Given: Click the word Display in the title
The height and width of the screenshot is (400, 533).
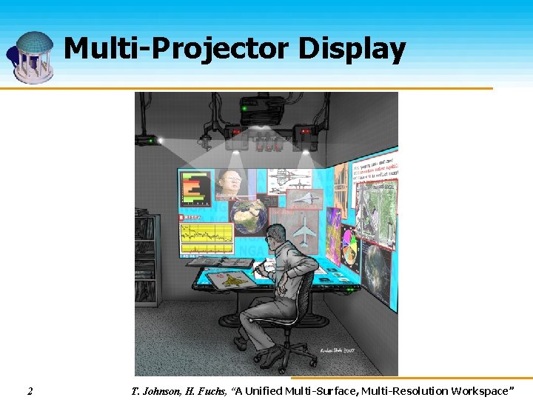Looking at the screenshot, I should (352, 50).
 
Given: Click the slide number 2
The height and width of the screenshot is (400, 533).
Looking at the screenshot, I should (30, 390).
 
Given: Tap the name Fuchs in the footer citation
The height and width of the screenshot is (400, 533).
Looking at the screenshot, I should (209, 390).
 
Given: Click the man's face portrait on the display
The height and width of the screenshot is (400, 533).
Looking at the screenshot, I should (230, 186).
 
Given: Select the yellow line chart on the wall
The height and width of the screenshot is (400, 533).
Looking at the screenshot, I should (207, 238).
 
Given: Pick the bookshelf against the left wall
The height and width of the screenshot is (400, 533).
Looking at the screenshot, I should (146, 259).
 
